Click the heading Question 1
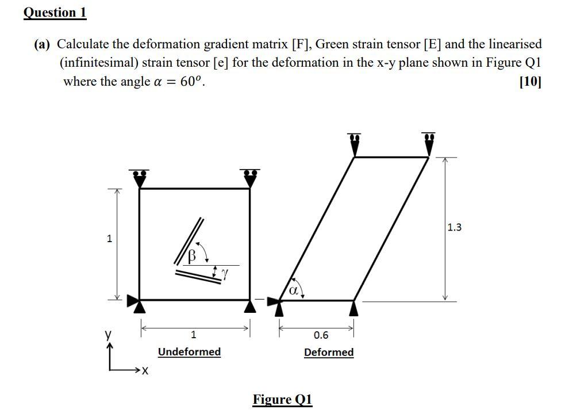pos(55,13)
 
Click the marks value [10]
pos(529,82)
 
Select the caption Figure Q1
pos(282,399)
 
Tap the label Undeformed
pos(189,351)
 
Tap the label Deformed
pos(329,352)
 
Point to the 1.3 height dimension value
pos(454,227)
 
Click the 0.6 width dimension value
pos(321,335)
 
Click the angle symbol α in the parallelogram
pos(293,291)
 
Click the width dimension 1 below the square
pos(193,334)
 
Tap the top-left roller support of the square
pos(139,178)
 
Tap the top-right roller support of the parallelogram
pos(429,144)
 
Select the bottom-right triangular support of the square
pos(249,307)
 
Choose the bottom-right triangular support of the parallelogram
pos(354,308)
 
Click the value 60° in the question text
pos(191,82)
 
